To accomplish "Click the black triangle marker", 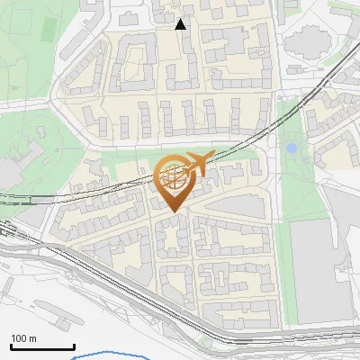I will coord(181,24).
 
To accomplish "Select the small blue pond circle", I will coord(292,148).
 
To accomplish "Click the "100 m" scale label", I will coord(24,338).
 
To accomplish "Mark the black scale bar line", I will coord(42,347).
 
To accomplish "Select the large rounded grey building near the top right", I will coord(310,42).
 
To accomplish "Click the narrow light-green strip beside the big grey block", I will coord(283,270).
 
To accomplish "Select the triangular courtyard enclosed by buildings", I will coord(132,65).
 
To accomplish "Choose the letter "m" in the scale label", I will coord(32,338).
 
